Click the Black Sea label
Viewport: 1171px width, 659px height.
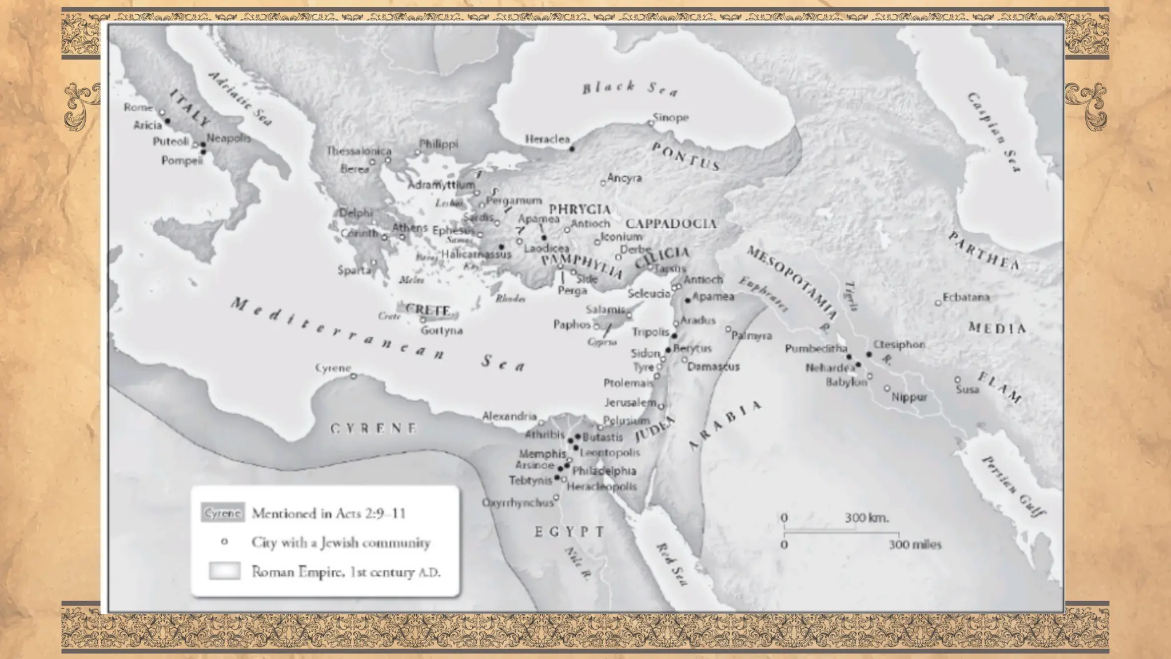click(630, 88)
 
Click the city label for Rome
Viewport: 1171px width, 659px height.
click(138, 108)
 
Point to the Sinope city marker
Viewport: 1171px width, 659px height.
click(650, 123)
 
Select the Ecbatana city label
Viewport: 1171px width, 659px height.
click(966, 297)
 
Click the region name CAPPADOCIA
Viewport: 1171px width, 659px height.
click(671, 223)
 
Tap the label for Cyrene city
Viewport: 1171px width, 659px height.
click(333, 368)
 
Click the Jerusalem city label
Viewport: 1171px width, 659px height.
click(630, 402)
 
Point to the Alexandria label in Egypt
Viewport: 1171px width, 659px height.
click(509, 416)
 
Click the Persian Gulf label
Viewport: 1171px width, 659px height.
click(1013, 486)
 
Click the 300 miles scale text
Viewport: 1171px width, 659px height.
click(914, 545)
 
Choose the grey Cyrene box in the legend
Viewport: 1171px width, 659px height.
click(222, 513)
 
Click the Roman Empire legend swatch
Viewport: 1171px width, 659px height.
click(224, 571)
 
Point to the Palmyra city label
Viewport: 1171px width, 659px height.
click(752, 336)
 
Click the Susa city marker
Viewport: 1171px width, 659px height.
click(958, 380)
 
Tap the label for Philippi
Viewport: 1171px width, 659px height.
click(439, 144)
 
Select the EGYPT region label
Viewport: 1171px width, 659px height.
click(569, 531)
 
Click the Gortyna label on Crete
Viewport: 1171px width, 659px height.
click(441, 331)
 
